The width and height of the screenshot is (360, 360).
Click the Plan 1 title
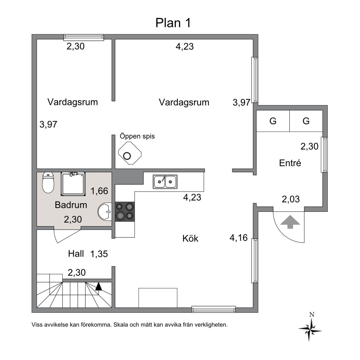(x=173, y=23)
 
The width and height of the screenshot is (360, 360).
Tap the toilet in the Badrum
(x=48, y=182)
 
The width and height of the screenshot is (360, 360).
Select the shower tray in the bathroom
(x=73, y=184)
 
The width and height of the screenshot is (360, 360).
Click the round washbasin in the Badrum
(x=105, y=212)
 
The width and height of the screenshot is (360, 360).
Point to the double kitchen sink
(x=165, y=182)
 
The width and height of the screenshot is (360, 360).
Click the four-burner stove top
(x=125, y=212)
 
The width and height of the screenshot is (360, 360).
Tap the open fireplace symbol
(x=130, y=153)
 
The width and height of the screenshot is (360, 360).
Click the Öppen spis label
(x=137, y=136)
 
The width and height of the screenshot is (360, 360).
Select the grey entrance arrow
(x=290, y=222)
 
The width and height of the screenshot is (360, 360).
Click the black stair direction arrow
(x=98, y=286)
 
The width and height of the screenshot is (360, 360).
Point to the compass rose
(x=310, y=328)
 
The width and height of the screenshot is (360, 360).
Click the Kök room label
(x=190, y=238)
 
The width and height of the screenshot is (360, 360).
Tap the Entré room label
(x=290, y=163)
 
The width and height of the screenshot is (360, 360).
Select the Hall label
(x=76, y=254)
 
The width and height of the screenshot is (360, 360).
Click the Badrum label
(x=71, y=205)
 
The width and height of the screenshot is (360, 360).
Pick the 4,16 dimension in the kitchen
(x=238, y=238)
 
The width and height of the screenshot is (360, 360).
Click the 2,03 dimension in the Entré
(x=291, y=199)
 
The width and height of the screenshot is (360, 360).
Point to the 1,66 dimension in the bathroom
(x=99, y=191)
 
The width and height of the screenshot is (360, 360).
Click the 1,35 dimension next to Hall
(x=99, y=254)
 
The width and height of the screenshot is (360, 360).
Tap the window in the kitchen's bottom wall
(x=214, y=309)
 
